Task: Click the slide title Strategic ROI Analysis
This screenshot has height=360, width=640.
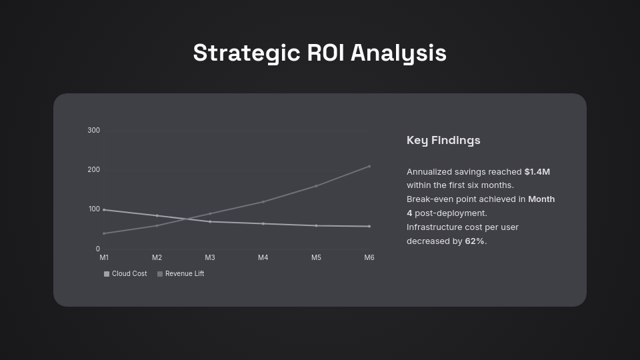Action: pos(320,53)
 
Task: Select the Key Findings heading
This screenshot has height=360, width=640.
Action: pos(443,140)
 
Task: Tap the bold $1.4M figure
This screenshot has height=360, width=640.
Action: pos(537,171)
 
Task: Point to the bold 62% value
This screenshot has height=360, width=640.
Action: pos(475,241)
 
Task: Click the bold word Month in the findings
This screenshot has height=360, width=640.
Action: pos(541,199)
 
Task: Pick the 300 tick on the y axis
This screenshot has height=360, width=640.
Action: pos(93,130)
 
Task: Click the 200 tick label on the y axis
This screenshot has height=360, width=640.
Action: pos(93,169)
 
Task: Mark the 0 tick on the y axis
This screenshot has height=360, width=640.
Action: pos(97,249)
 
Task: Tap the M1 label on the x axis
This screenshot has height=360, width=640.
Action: pos(104,257)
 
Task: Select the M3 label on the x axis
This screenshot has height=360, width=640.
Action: pos(210,257)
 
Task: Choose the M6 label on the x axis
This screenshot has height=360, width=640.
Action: pos(369,257)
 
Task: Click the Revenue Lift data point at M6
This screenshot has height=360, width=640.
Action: pos(369,166)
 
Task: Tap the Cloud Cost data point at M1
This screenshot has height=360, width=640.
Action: pos(104,209)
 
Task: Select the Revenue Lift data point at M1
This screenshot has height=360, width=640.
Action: pos(104,233)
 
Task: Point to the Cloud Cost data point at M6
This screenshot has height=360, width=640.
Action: pos(369,226)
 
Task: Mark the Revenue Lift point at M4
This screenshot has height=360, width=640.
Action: pos(263,201)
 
